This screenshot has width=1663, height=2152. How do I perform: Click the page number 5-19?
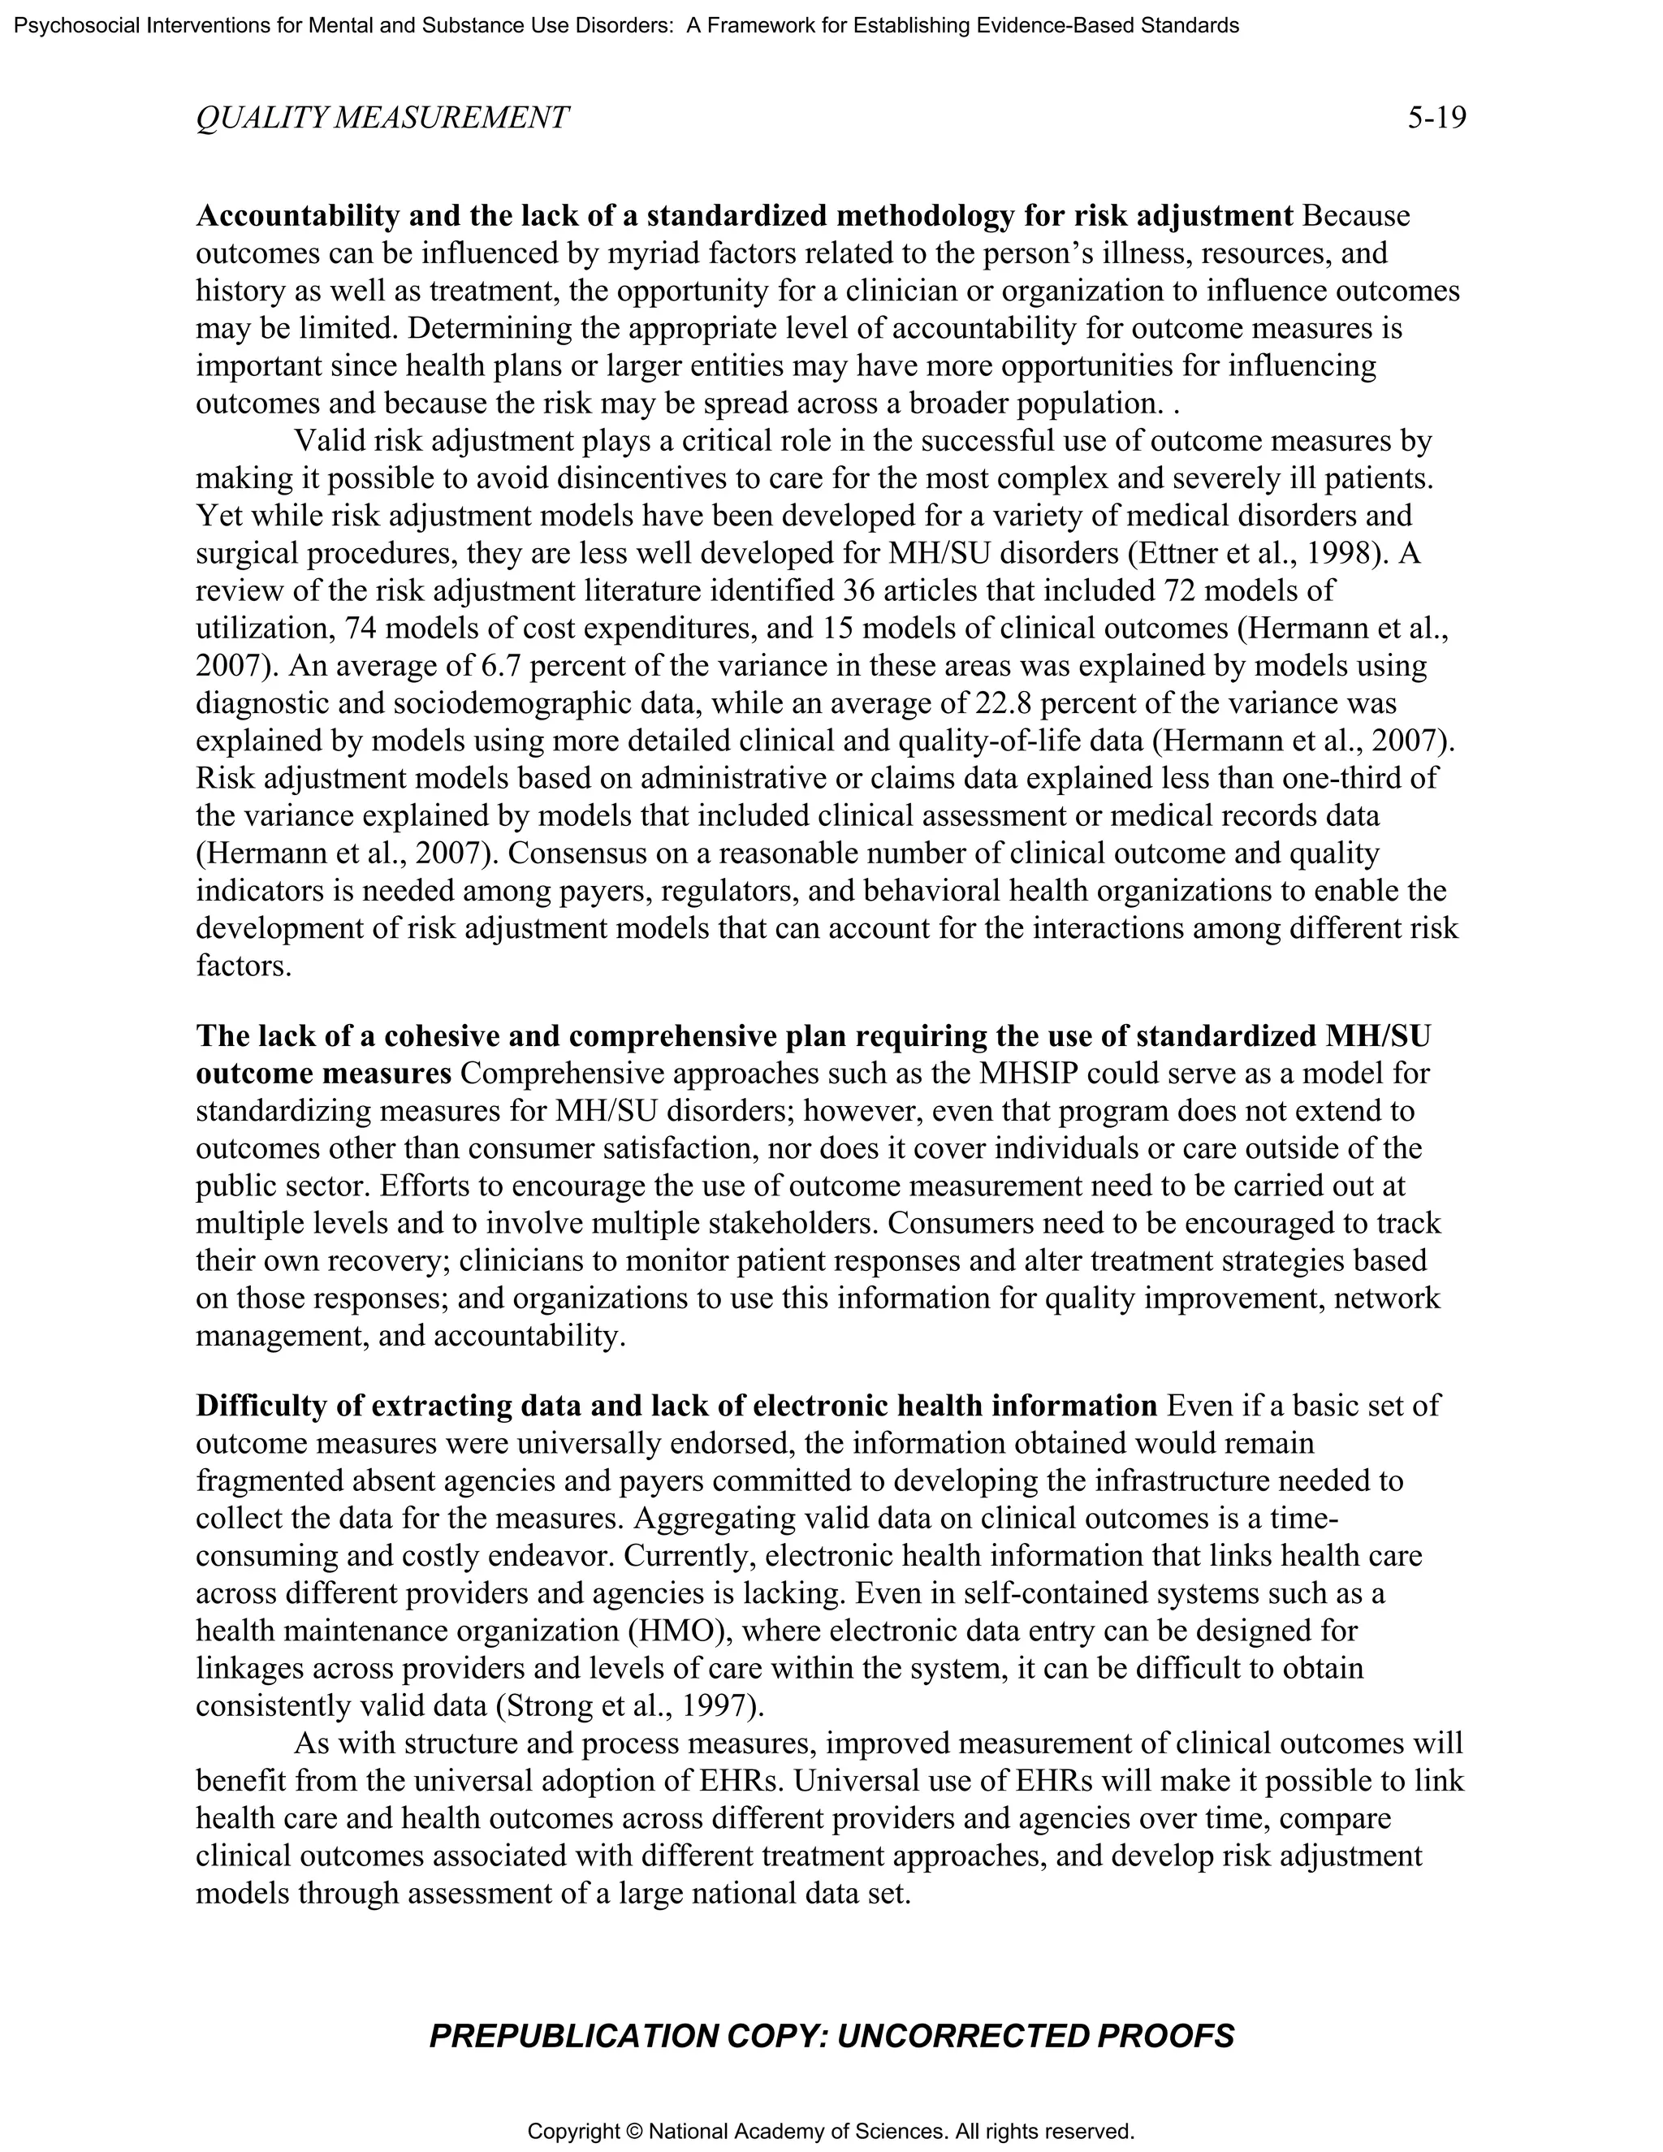(1436, 119)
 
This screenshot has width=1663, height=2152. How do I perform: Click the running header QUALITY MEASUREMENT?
(382, 119)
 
